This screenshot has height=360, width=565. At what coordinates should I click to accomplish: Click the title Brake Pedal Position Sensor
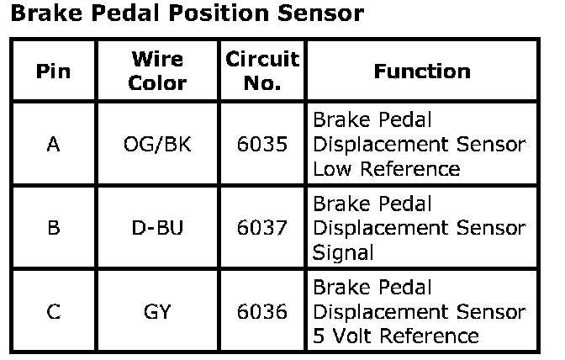pyautogui.click(x=187, y=15)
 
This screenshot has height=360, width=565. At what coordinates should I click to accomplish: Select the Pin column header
pyautogui.click(x=53, y=71)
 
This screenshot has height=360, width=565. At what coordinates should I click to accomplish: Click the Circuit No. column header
pyautogui.click(x=261, y=71)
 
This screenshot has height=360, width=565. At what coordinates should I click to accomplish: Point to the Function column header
pyautogui.click(x=421, y=71)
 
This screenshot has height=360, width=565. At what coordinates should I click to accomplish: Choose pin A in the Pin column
pyautogui.click(x=53, y=144)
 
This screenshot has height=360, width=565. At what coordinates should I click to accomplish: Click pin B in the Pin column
pyautogui.click(x=53, y=228)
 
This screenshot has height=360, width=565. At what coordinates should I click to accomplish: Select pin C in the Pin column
pyautogui.click(x=53, y=312)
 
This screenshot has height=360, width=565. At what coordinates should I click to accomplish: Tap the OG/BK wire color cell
pyautogui.click(x=157, y=144)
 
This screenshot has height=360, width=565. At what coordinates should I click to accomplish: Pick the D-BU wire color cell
pyautogui.click(x=157, y=228)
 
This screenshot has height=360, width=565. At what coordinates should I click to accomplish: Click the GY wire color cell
pyautogui.click(x=157, y=312)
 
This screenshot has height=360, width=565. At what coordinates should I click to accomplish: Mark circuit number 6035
pyautogui.click(x=261, y=144)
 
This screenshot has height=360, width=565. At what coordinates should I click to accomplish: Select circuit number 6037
pyautogui.click(x=261, y=228)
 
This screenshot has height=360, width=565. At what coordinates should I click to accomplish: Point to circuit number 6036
pyautogui.click(x=261, y=312)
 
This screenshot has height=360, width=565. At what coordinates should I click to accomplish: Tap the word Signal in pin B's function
pyautogui.click(x=342, y=252)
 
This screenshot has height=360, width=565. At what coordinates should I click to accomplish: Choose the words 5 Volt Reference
pyautogui.click(x=396, y=336)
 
